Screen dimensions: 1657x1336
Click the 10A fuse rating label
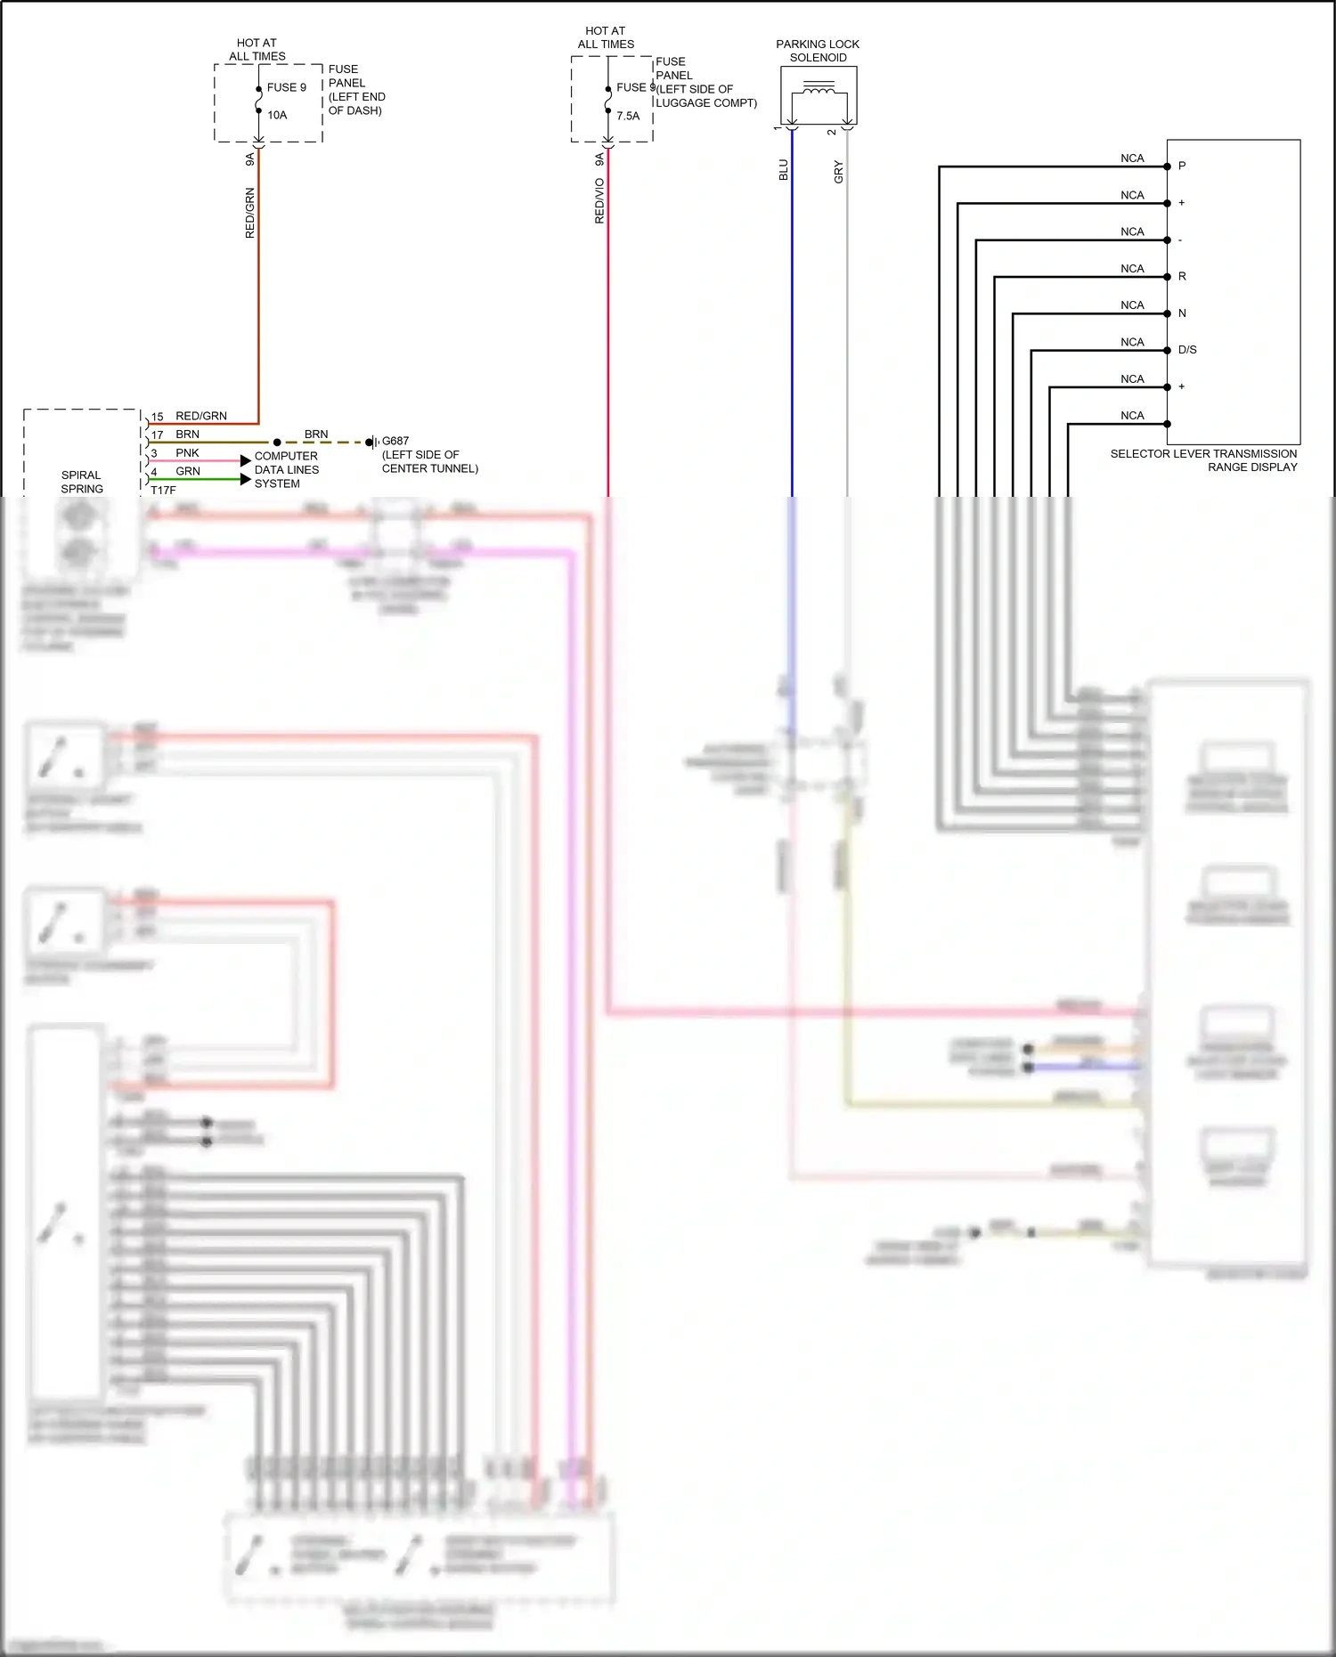pos(277,115)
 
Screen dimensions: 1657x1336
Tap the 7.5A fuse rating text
pos(628,116)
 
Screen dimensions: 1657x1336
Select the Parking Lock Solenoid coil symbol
pos(819,88)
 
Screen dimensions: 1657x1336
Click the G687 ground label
pos(395,441)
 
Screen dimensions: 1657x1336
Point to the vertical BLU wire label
pos(784,170)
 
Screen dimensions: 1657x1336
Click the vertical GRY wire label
pos(838,172)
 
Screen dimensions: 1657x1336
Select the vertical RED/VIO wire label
pos(599,200)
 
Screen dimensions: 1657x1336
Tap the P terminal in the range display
pos(1182,166)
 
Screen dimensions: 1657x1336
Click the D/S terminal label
pos(1187,350)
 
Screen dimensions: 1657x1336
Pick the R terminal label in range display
pos(1182,276)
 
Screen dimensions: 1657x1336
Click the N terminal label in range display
pos(1182,313)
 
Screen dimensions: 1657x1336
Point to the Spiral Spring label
pos(82,482)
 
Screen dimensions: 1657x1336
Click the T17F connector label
pos(163,491)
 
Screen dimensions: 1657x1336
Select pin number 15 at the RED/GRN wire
pos(158,417)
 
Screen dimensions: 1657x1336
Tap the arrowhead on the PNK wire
pos(246,460)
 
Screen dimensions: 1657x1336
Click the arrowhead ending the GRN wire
pos(246,479)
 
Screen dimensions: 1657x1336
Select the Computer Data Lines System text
pos(286,469)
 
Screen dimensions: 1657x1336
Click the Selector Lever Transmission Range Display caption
pos(1203,460)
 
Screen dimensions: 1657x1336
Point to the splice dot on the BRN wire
pos(277,442)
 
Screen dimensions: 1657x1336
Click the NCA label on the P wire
pos(1132,158)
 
